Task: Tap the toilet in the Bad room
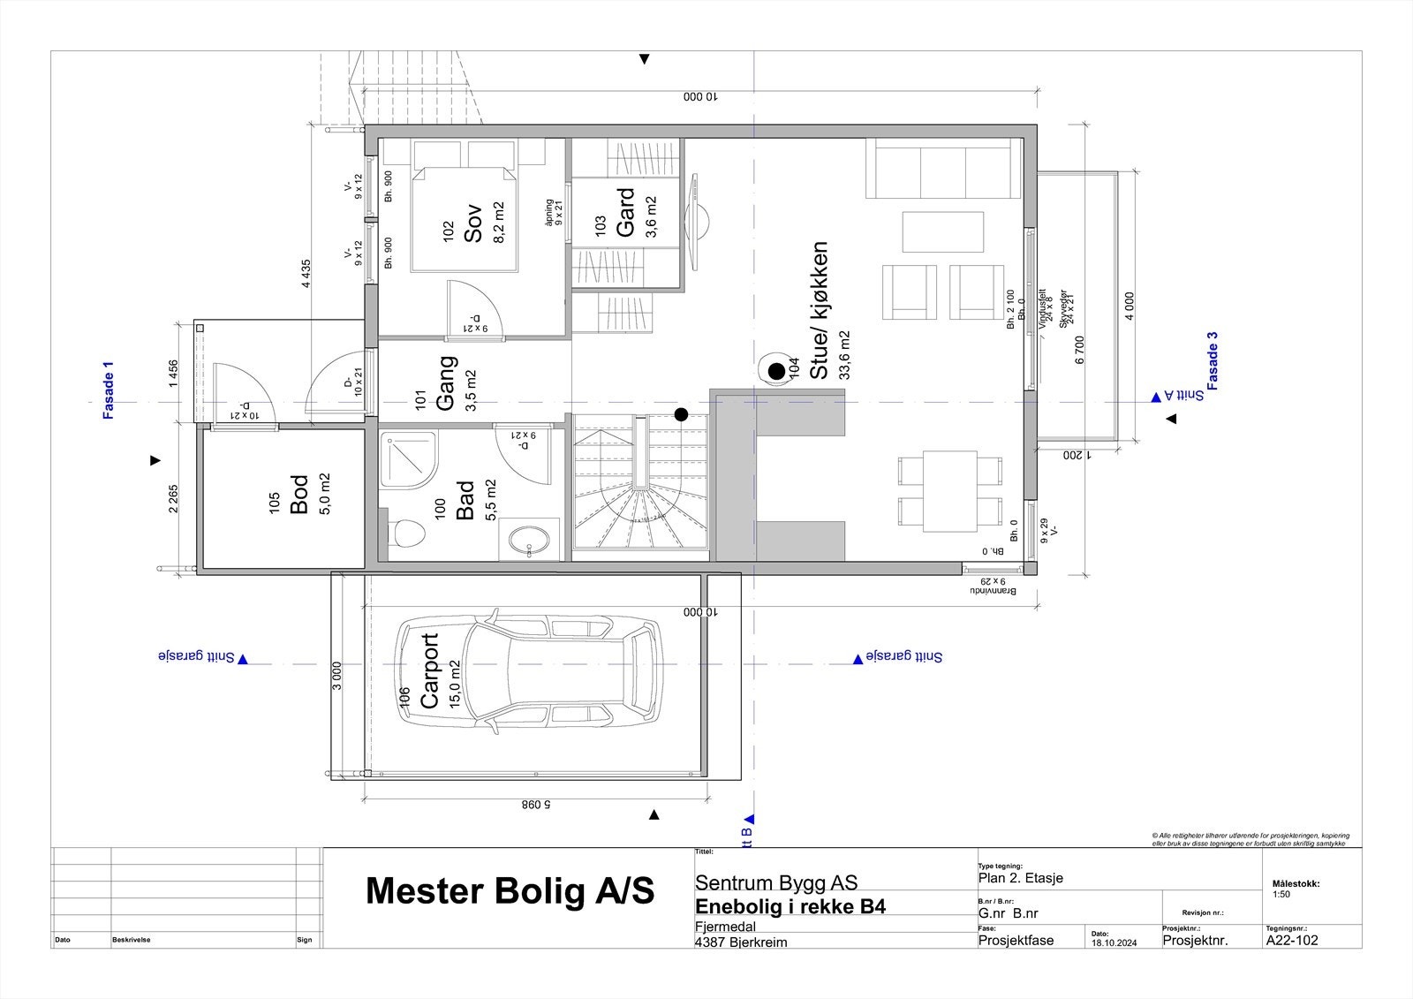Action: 407,534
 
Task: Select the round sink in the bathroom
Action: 529,539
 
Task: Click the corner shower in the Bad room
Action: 408,458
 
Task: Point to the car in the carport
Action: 527,668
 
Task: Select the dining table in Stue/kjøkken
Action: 950,491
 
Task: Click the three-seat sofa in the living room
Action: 942,173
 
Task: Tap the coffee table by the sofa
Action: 942,231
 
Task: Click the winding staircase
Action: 640,486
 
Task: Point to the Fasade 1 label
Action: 109,390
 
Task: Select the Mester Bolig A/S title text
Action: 510,892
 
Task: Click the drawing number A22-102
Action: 1292,941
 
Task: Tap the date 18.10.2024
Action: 1114,942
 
